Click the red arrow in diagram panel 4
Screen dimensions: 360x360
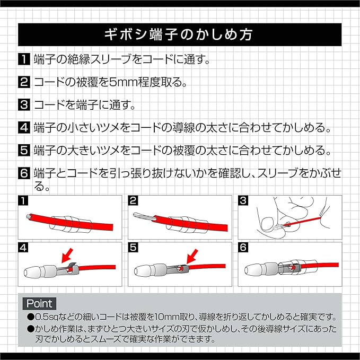[x=67, y=257]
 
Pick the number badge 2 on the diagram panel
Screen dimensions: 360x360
[x=133, y=200]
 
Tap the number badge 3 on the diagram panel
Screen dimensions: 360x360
[x=243, y=200]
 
